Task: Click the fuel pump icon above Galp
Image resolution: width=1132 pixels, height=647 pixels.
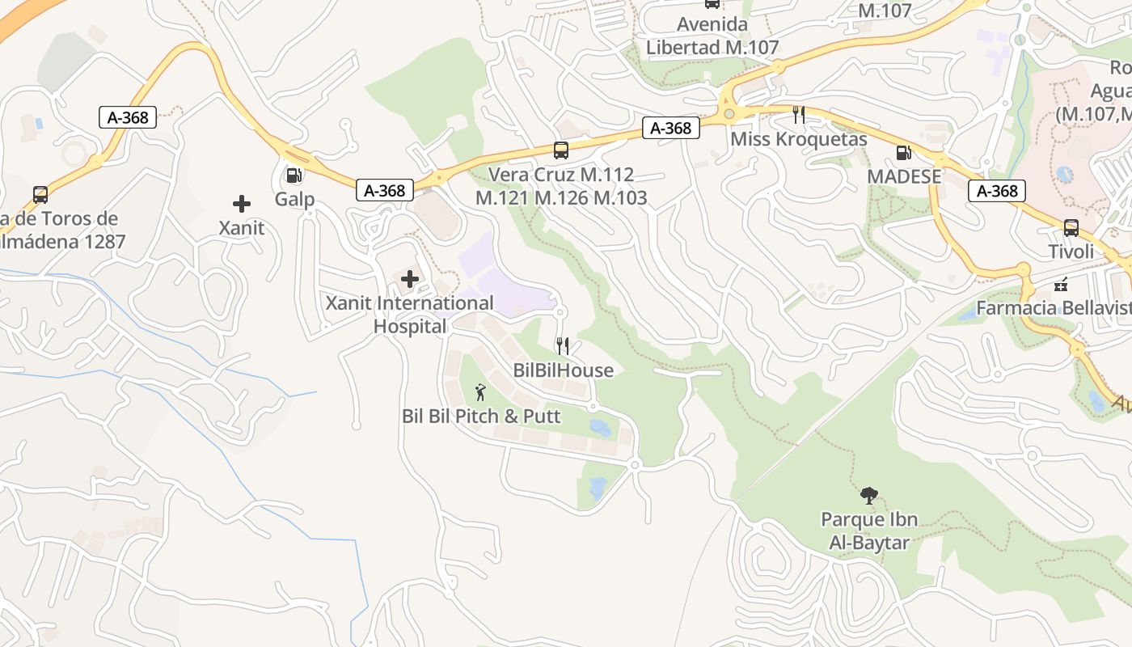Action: (294, 175)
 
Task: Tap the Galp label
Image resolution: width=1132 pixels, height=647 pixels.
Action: (294, 199)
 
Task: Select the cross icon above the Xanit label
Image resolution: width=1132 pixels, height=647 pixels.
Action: (242, 204)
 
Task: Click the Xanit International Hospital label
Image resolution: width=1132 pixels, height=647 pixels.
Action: (409, 315)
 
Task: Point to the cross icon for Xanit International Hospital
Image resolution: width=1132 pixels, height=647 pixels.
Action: (410, 280)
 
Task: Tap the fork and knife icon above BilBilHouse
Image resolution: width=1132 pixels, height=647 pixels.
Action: (564, 346)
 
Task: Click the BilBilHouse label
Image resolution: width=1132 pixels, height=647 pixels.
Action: (564, 370)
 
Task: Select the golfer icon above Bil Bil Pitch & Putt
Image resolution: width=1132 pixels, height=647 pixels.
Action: (481, 392)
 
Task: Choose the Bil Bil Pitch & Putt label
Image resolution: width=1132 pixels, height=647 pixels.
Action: (481, 417)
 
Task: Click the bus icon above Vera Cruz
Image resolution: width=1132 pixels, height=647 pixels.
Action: (561, 150)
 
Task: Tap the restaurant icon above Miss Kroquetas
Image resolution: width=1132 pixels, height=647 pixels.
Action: (799, 114)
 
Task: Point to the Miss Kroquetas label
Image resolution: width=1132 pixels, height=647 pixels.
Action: (799, 139)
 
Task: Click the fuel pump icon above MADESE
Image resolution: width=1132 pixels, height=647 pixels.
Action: (904, 152)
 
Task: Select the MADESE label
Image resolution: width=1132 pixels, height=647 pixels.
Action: (904, 176)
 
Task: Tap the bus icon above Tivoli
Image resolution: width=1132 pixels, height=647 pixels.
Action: (1071, 228)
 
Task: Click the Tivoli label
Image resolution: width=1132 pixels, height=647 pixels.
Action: (1071, 252)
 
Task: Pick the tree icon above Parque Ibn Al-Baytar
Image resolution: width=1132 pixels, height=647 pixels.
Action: (869, 495)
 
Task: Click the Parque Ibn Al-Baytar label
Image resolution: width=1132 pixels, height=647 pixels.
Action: (869, 531)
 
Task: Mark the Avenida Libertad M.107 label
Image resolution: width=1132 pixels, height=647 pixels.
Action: (712, 36)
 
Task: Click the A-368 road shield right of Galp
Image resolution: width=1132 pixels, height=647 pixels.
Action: (385, 191)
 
